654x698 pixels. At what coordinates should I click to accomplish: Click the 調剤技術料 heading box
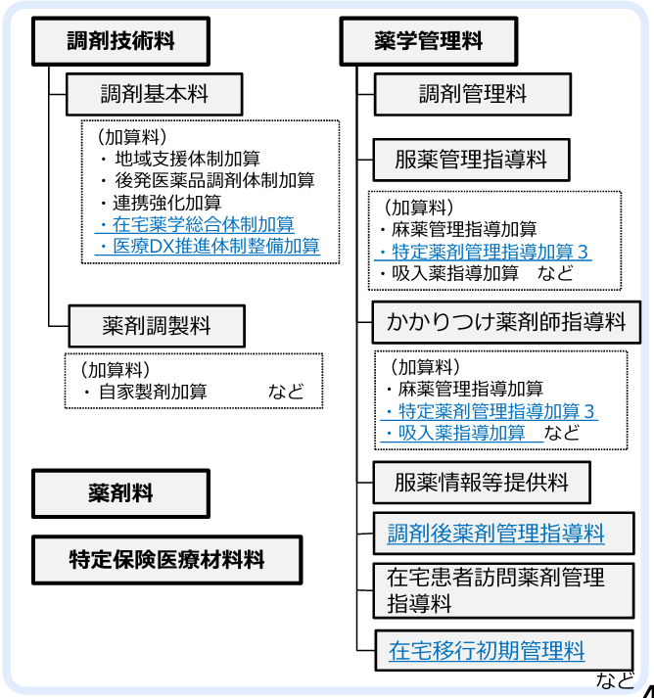(122, 42)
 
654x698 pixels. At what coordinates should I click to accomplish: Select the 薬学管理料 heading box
(428, 42)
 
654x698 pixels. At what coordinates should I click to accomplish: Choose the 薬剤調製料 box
(157, 325)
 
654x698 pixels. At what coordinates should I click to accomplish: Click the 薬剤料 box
(120, 493)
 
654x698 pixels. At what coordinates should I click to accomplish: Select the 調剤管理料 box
(473, 95)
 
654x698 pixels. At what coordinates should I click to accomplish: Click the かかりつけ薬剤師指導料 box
(506, 321)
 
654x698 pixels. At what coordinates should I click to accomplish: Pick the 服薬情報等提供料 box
(483, 483)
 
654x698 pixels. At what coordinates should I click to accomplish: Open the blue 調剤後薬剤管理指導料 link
(495, 534)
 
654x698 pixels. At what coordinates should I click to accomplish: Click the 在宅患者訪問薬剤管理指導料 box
(495, 589)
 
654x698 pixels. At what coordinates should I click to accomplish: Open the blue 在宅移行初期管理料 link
(487, 649)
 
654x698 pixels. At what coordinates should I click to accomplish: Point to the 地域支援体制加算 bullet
(187, 158)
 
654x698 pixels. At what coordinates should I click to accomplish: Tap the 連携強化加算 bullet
(167, 203)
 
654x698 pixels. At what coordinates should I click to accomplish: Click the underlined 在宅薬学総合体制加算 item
(204, 224)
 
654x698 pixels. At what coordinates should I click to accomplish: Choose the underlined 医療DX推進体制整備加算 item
(215, 246)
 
